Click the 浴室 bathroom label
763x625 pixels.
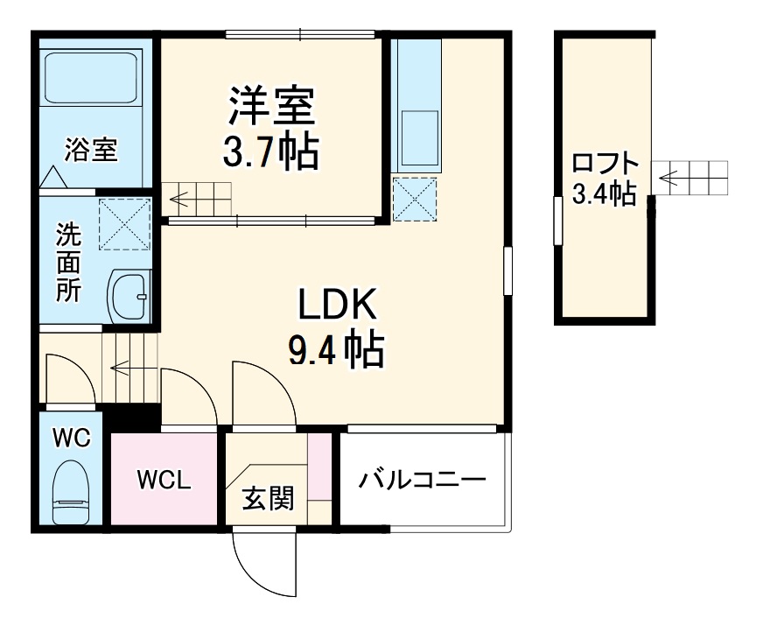(90, 149)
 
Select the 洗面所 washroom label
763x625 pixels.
(69, 263)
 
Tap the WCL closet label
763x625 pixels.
(163, 480)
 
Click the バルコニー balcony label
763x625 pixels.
(422, 480)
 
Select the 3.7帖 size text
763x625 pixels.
(271, 152)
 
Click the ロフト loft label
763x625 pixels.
(605, 164)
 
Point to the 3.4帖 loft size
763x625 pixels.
(604, 193)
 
